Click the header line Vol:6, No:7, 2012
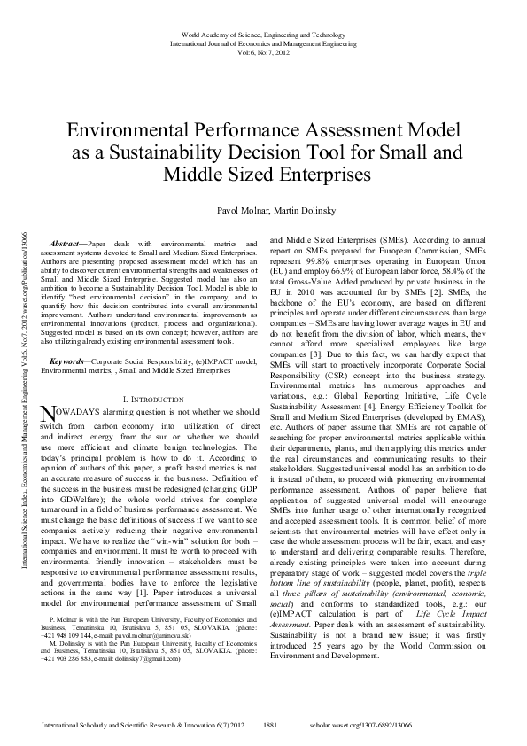263,53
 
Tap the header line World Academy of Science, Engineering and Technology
263,32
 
